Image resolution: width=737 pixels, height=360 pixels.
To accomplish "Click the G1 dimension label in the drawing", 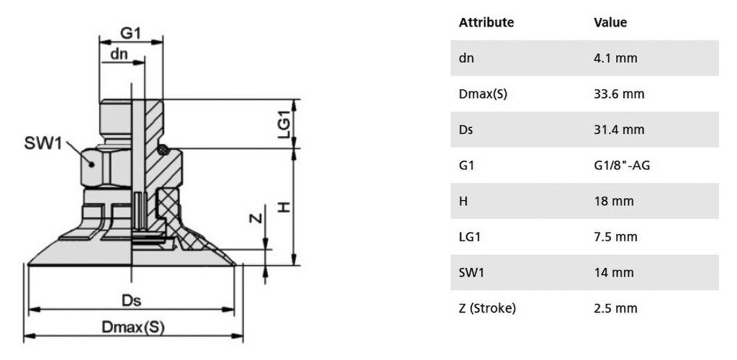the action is pyautogui.click(x=131, y=33).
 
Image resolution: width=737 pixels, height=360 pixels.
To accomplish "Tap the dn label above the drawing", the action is pyautogui.click(x=119, y=54).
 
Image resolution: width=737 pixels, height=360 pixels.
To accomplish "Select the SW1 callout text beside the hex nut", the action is pyautogui.click(x=42, y=143).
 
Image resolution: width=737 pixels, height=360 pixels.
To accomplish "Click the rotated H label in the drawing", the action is pyautogui.click(x=284, y=207).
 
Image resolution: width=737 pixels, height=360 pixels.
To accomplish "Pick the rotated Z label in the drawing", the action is pyautogui.click(x=254, y=217).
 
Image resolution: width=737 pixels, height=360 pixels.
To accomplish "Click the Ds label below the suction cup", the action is pyautogui.click(x=131, y=300).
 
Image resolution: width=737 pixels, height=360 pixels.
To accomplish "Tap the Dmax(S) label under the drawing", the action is pyautogui.click(x=133, y=327).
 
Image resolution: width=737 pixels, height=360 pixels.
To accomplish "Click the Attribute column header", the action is pyautogui.click(x=486, y=22).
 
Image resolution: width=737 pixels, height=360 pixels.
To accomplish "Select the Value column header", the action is pyautogui.click(x=610, y=22).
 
